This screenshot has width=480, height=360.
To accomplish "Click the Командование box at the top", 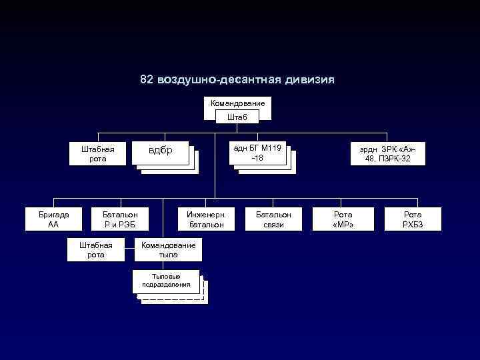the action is (237, 104).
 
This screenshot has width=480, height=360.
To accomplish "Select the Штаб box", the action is (237, 117).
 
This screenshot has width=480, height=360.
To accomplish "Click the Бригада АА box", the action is (53, 219).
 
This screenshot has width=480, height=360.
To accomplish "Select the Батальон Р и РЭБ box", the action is (120, 219).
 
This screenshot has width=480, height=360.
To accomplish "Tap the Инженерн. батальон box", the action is (206, 219).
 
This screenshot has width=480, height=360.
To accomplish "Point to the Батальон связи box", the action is (273, 219).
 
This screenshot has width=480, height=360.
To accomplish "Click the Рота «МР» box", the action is (343, 219).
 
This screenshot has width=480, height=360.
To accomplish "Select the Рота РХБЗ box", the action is (413, 219).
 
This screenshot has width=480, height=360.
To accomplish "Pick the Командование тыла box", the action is (168, 250).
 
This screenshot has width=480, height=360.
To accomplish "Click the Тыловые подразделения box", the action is (166, 281).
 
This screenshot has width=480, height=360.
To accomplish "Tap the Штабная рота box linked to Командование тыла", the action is (96, 250).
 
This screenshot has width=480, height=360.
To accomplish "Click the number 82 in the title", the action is (147, 80).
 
